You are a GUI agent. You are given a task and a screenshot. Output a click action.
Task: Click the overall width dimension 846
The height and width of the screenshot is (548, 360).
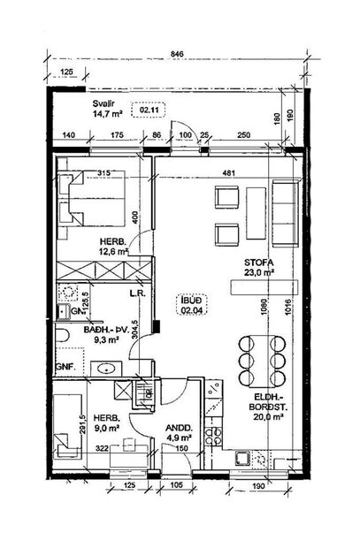click(x=177, y=54)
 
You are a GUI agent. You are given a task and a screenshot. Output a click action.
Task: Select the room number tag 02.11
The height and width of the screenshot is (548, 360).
click(x=147, y=110)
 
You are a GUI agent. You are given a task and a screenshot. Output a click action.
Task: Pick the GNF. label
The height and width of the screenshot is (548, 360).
click(x=64, y=365)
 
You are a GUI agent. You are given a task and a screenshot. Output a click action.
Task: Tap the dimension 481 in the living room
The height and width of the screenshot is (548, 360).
click(x=227, y=172)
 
